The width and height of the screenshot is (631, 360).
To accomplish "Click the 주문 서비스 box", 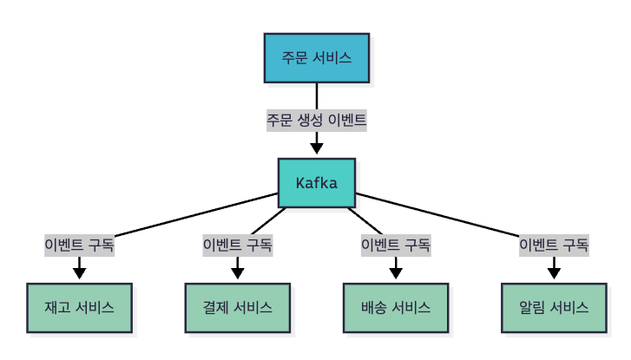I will pyautogui.click(x=316, y=58).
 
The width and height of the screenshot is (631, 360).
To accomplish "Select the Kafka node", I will pyautogui.click(x=316, y=183).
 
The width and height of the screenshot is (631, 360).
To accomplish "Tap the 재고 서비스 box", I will pyautogui.click(x=79, y=308).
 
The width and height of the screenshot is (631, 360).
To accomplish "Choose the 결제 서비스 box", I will pyautogui.click(x=237, y=308).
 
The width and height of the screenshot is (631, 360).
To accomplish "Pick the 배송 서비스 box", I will pyautogui.click(x=395, y=308).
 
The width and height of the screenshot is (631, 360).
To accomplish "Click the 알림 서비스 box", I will pyautogui.click(x=554, y=308).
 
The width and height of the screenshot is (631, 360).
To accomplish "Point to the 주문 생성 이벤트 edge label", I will pyautogui.click(x=316, y=121).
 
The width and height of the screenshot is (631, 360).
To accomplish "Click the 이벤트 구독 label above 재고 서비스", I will pyautogui.click(x=79, y=245).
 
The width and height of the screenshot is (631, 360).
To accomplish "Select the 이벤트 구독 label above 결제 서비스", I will pyautogui.click(x=237, y=245).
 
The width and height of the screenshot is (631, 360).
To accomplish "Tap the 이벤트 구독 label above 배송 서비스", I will pyautogui.click(x=395, y=245).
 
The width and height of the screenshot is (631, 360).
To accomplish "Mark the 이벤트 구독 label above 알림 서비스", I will pyautogui.click(x=554, y=245).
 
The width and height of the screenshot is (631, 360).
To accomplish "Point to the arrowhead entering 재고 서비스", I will pyautogui.click(x=79, y=274).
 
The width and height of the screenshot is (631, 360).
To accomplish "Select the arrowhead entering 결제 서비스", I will pyautogui.click(x=237, y=274).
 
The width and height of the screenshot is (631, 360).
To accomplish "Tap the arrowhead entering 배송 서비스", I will pyautogui.click(x=395, y=274).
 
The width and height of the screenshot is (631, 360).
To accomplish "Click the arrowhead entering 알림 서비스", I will pyautogui.click(x=554, y=274).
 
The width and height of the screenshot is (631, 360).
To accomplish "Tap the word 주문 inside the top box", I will pyautogui.click(x=293, y=58).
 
